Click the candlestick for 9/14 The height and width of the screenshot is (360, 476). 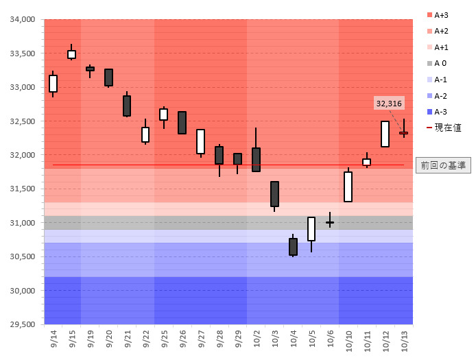[53, 83]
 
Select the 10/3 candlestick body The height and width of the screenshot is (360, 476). [274, 194]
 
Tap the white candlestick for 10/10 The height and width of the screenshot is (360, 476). [348, 187]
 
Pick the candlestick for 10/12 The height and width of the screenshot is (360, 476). [385, 134]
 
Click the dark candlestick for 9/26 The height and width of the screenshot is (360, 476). [182, 122]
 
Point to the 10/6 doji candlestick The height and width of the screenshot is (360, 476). [330, 222]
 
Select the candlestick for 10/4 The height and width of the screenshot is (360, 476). [293, 246]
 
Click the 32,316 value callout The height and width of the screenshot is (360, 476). [389, 103]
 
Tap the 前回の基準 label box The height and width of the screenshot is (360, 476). [443, 165]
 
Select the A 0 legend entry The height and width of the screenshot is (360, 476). [440, 64]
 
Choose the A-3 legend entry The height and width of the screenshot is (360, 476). [440, 112]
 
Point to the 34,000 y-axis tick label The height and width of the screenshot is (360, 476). [22, 20]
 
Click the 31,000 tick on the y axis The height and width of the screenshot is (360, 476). [22, 223]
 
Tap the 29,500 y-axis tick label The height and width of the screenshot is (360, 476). [22, 324]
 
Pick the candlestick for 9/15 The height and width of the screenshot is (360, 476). [71, 54]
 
